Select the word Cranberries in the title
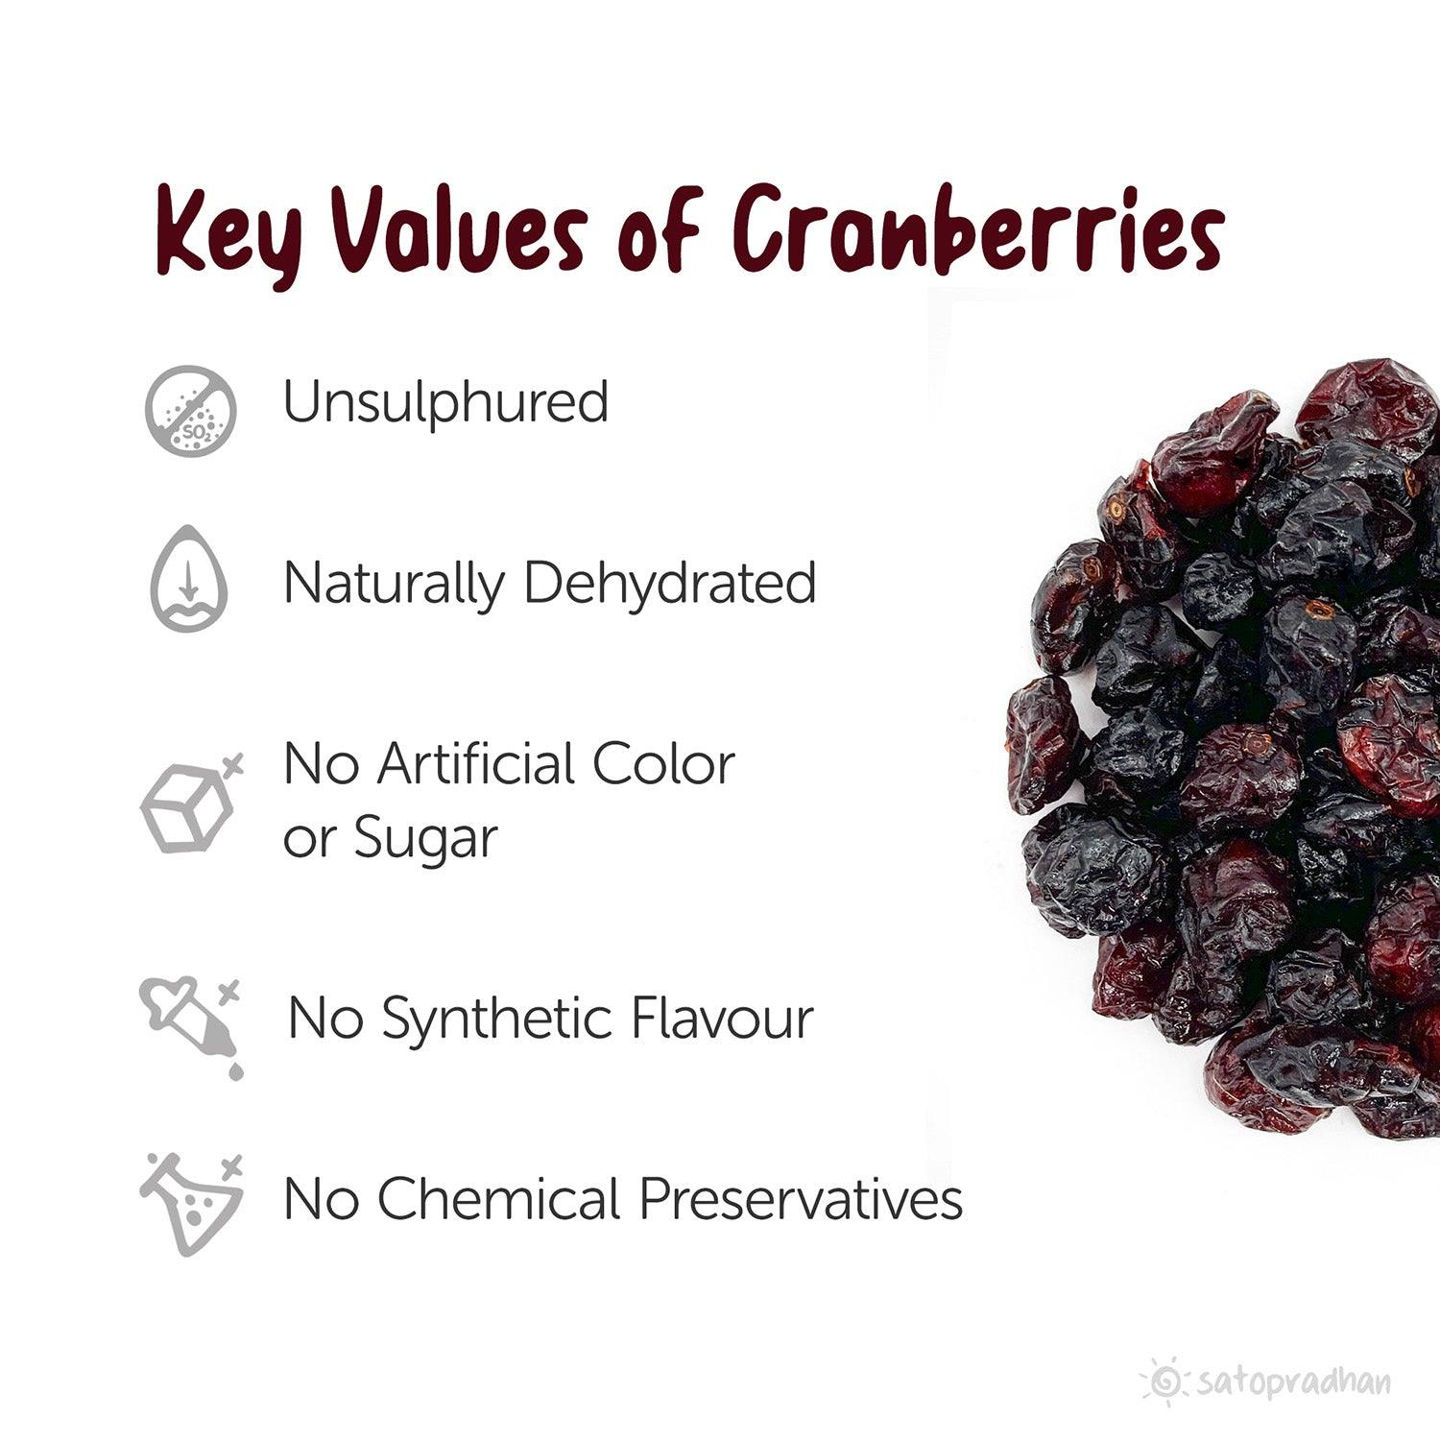click(979, 230)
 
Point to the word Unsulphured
click(445, 402)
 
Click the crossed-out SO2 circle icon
click(191, 409)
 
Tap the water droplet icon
click(189, 579)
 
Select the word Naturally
click(394, 584)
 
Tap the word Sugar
click(425, 839)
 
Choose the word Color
click(663, 764)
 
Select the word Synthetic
click(499, 1020)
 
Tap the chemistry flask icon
click(191, 1206)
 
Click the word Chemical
click(499, 1199)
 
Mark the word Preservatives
click(801, 1199)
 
